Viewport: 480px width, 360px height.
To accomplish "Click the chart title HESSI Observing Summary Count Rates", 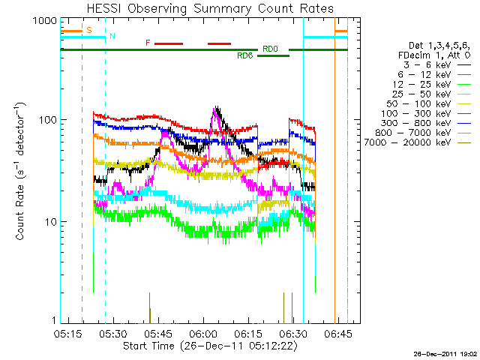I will [210, 8].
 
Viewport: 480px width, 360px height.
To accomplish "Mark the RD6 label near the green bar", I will [245, 56].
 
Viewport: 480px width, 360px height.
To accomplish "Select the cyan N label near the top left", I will [112, 36].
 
